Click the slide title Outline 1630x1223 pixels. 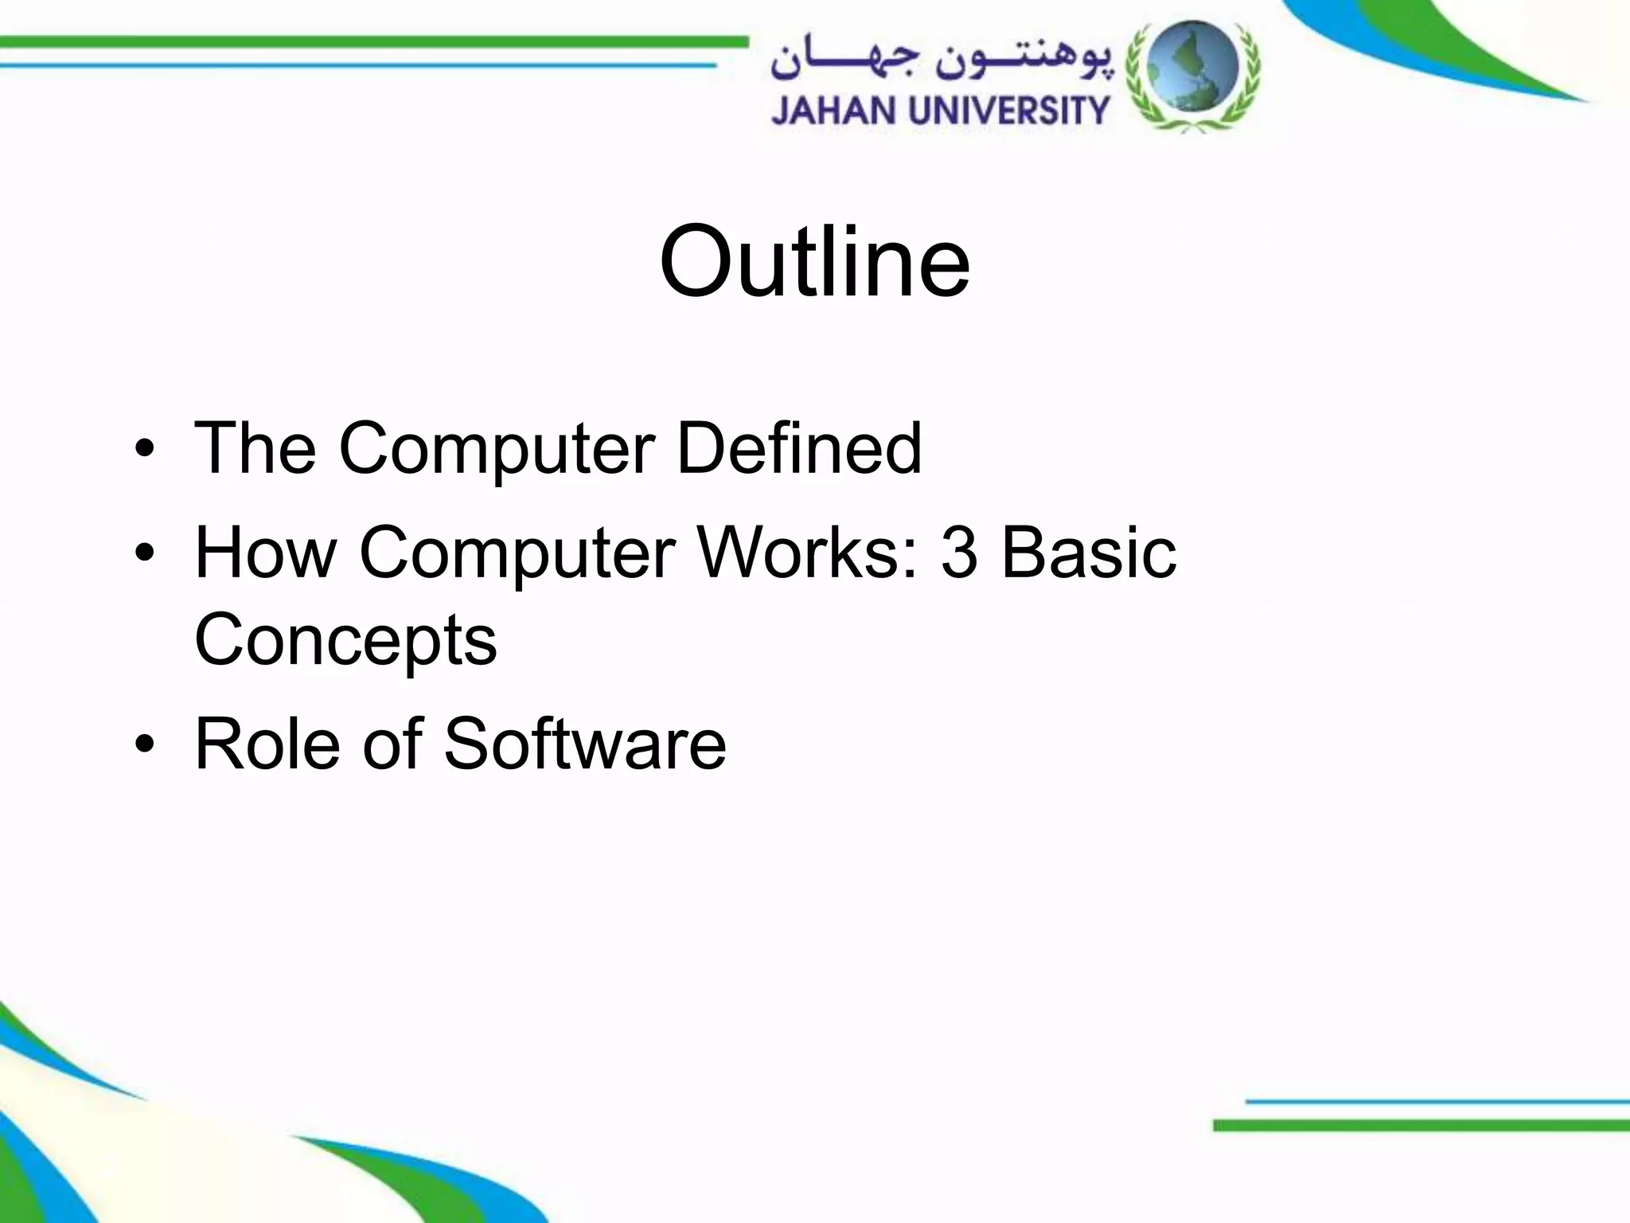(x=814, y=261)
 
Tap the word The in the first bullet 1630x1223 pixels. (x=255, y=448)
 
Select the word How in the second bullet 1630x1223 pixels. (x=266, y=553)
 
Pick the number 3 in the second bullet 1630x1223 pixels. (x=958, y=553)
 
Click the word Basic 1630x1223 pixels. (x=1088, y=553)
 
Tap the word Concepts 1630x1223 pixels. (x=345, y=642)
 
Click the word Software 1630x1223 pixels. (x=584, y=744)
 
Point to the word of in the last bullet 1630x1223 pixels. (x=392, y=744)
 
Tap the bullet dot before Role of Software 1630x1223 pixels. (x=144, y=744)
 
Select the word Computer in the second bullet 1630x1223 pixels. (x=517, y=554)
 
